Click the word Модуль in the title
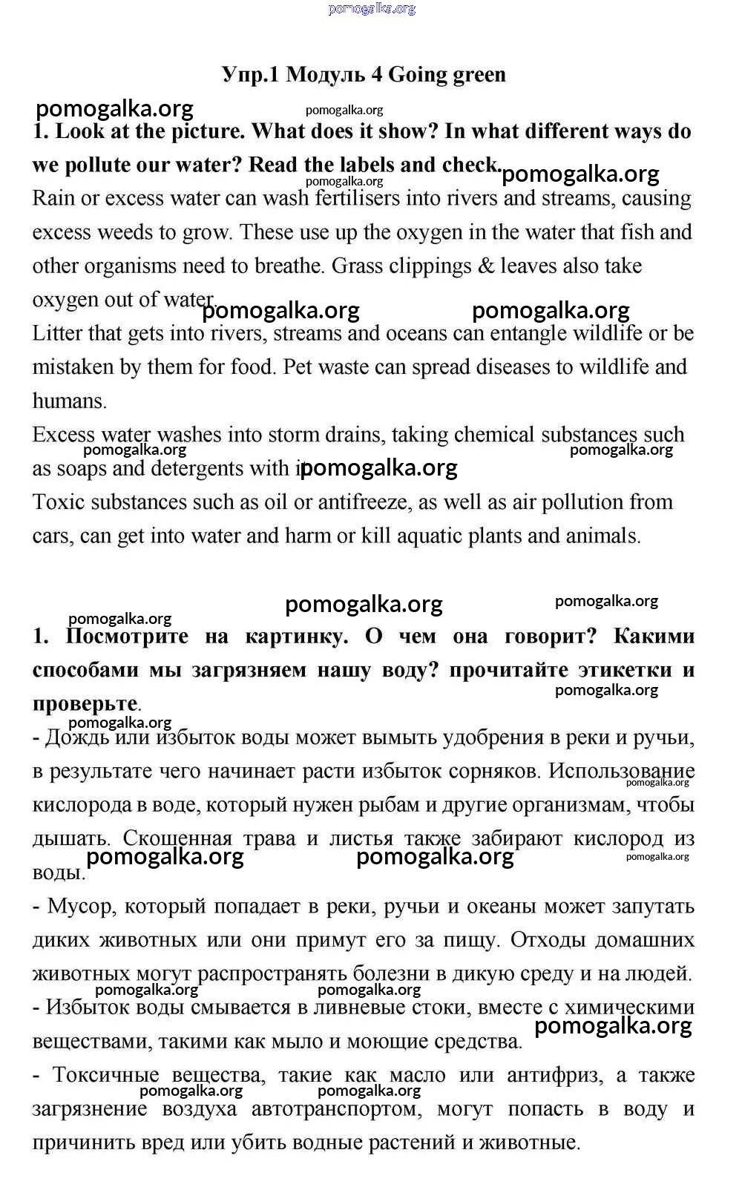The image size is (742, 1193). point(325,75)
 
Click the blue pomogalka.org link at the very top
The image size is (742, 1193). point(371,9)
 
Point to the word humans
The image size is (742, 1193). point(69,401)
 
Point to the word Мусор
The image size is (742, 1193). point(82,907)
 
